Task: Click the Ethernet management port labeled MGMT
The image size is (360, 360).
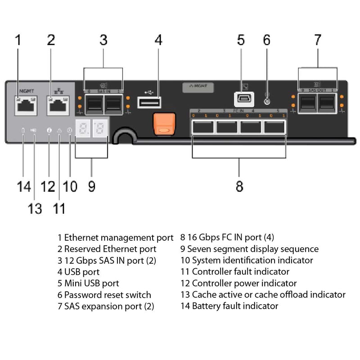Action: coord(23,105)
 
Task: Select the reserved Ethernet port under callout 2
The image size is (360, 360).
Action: coord(57,105)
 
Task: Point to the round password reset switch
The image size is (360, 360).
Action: coord(267,101)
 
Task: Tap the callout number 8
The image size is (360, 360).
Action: coord(239,185)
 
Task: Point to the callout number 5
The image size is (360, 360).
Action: coord(241,40)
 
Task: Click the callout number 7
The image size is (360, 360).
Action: coord(318,40)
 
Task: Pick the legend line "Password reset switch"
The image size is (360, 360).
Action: coord(104,295)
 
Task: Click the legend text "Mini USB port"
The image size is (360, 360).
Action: coord(88,283)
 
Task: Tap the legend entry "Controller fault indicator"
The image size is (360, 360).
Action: coord(235,272)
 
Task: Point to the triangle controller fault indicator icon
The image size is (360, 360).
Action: coord(59,130)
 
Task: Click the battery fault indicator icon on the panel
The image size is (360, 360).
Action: coord(23,130)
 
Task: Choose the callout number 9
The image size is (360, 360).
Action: coord(91,185)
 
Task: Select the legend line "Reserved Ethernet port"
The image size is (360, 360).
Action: coord(107,249)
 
